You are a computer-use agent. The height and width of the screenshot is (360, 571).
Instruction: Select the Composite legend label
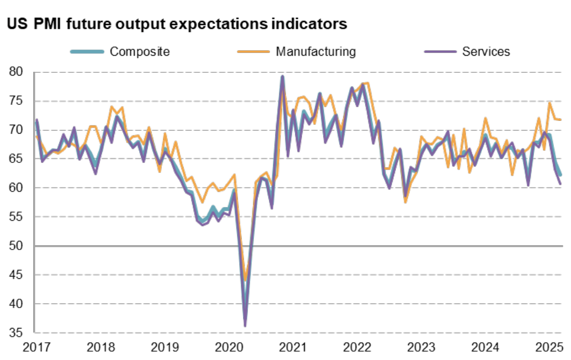(140, 52)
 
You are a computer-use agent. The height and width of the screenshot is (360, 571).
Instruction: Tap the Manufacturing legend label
(315, 52)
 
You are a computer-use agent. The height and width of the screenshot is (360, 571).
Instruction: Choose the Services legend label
(486, 52)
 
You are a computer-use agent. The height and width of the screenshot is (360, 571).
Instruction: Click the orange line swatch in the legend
(253, 52)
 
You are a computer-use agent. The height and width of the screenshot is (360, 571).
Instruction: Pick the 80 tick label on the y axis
(16, 72)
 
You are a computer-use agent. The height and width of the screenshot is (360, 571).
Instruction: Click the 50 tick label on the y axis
(16, 246)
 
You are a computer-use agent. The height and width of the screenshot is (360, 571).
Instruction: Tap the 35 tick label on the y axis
(16, 333)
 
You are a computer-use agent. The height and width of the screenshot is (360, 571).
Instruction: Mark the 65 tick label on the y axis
(16, 159)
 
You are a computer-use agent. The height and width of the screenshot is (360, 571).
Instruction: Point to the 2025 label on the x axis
(549, 348)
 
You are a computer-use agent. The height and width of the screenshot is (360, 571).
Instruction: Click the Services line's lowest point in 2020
(245, 326)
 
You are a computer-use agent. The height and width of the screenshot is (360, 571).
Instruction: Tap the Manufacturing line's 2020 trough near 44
(245, 280)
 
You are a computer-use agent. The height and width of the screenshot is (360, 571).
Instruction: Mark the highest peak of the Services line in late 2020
(282, 76)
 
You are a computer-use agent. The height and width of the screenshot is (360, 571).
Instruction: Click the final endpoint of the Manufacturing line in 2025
(561, 120)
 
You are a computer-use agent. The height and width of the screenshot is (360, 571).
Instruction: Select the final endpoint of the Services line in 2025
(561, 184)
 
